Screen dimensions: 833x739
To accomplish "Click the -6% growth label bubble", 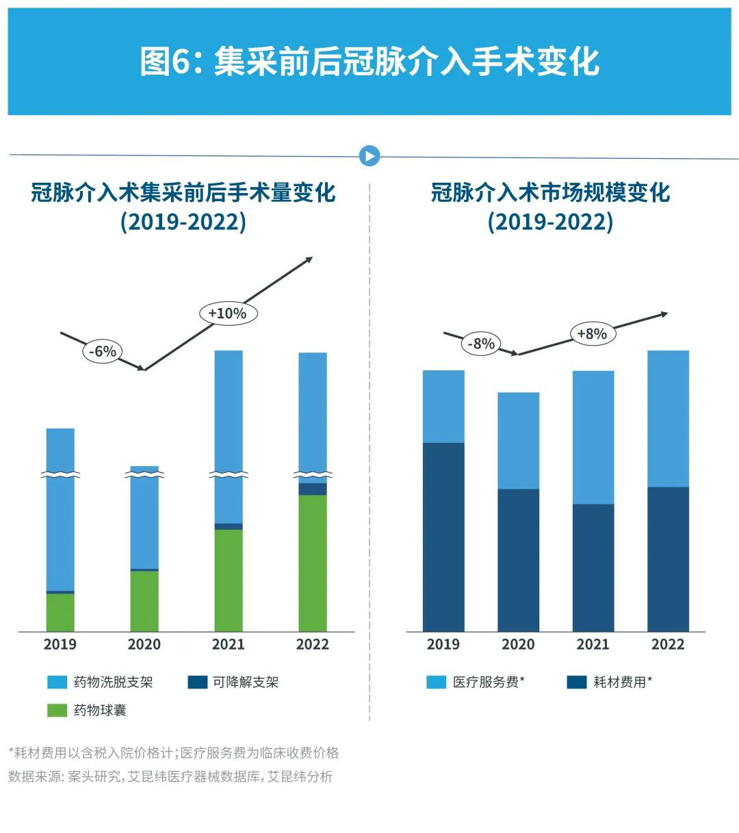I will tap(103, 351).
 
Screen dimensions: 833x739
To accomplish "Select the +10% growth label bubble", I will tap(227, 313).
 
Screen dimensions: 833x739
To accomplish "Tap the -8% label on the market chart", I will tap(481, 344).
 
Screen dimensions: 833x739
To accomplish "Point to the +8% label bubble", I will tap(592, 333).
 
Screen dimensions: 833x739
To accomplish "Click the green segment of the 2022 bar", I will tap(312, 562).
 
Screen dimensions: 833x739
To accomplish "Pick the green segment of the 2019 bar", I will tap(60, 612).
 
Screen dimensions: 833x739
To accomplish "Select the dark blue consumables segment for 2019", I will tap(443, 537).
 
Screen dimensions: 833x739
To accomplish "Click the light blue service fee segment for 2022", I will tap(668, 418).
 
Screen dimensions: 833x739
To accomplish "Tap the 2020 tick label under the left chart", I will tap(144, 644).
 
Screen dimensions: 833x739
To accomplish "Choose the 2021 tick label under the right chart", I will tap(593, 644).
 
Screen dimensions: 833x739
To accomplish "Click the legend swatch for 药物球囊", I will tap(57, 710).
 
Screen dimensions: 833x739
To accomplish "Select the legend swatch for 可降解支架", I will tap(198, 682).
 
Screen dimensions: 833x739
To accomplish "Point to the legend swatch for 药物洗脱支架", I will tap(57, 682).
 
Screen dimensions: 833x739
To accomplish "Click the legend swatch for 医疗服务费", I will tap(436, 682).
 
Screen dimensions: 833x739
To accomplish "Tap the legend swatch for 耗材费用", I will tap(577, 682).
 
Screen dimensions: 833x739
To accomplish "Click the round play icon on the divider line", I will tap(369, 156).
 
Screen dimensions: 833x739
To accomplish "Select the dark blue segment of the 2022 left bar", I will tap(312, 489).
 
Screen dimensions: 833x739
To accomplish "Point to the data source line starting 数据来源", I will tap(170, 776).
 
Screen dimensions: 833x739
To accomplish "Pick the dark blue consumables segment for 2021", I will tap(593, 567).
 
